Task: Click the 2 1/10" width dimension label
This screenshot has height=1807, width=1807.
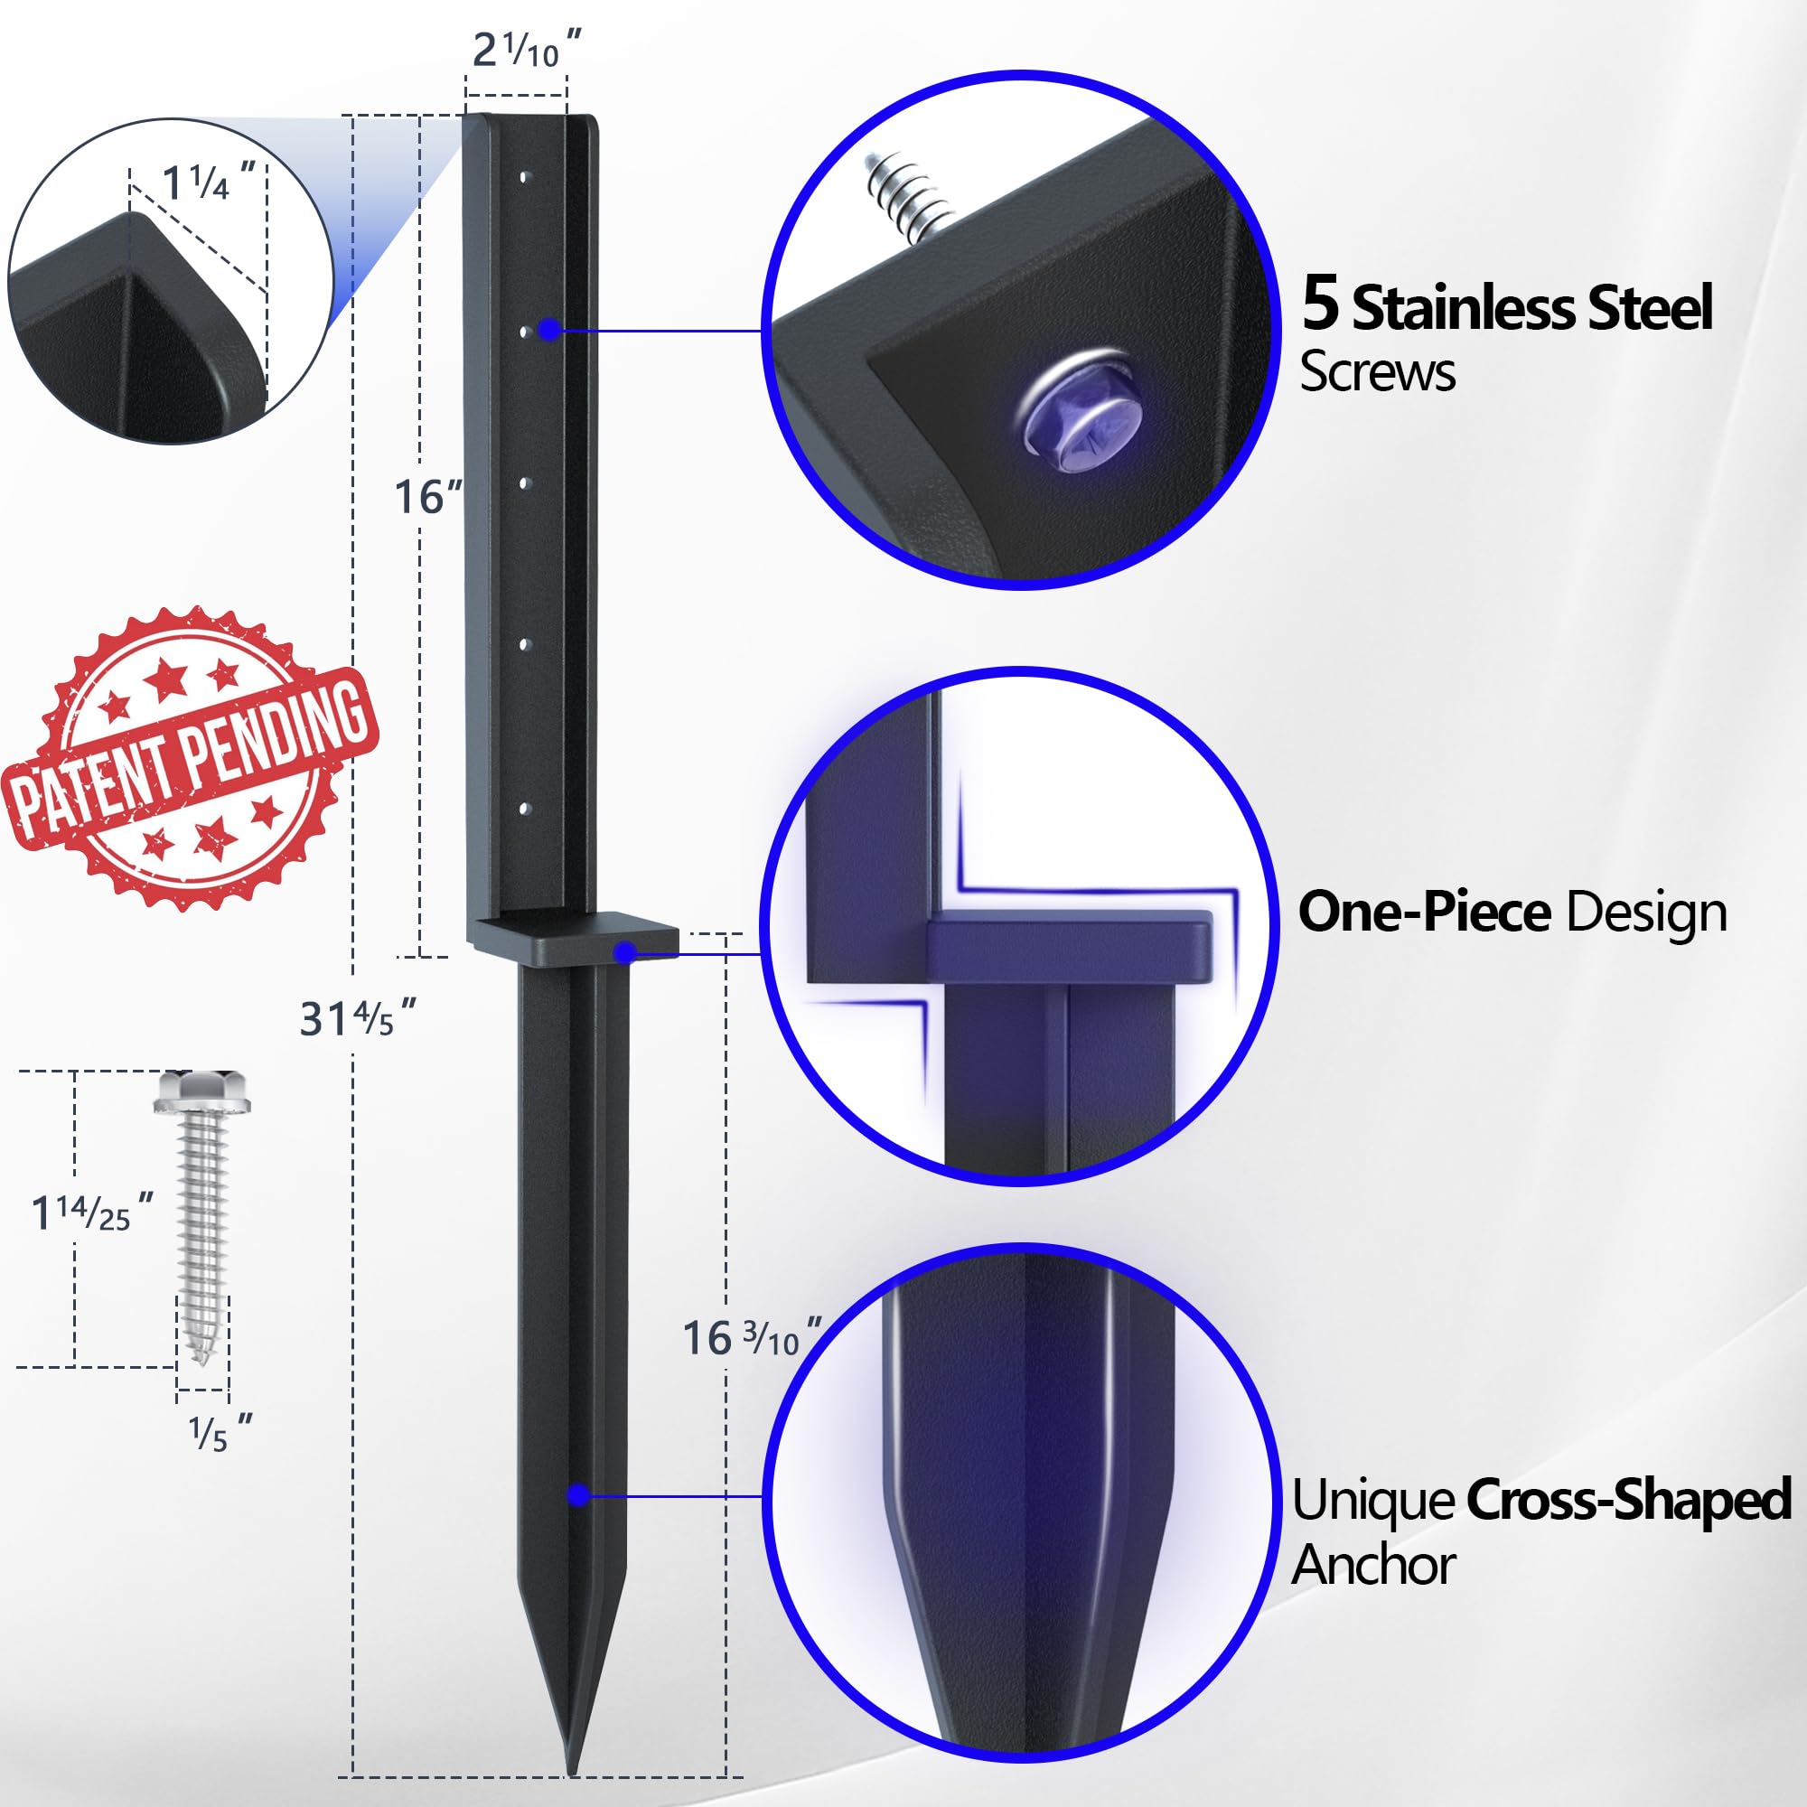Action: pyautogui.click(x=527, y=50)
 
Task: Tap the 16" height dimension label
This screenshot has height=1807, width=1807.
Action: pyautogui.click(x=427, y=497)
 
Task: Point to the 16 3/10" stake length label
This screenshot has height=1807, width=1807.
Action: pyautogui.click(x=753, y=1337)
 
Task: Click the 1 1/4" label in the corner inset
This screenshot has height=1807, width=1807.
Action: pyautogui.click(x=209, y=181)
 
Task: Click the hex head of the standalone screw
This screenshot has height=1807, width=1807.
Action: pyautogui.click(x=203, y=1091)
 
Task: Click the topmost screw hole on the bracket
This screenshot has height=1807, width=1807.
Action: pyautogui.click(x=524, y=176)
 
